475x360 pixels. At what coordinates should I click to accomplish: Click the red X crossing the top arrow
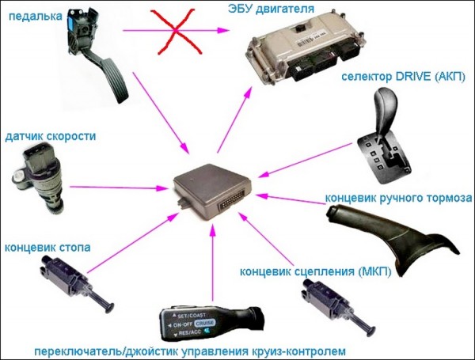[184, 31]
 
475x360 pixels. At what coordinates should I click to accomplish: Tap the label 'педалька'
[35, 15]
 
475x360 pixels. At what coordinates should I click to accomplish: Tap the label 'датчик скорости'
[50, 136]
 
